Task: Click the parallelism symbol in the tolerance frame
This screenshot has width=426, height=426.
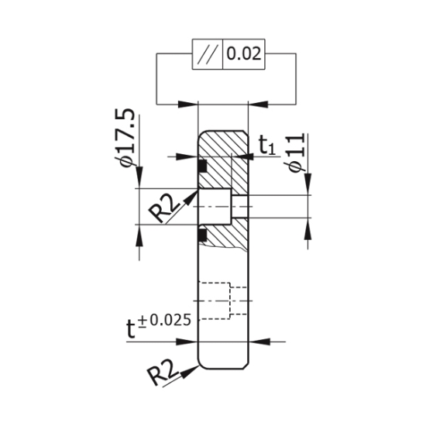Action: (x=208, y=54)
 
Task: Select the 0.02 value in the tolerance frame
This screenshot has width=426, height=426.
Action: (x=245, y=54)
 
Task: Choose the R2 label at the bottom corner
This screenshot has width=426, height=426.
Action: (x=165, y=377)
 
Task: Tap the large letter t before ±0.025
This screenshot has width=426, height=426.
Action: (x=133, y=328)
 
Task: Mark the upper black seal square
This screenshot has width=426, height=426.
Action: (x=203, y=166)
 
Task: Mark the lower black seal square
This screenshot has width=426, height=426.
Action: (x=203, y=232)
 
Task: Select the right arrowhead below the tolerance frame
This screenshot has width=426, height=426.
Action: (x=256, y=104)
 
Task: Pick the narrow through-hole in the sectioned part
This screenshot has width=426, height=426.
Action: (x=242, y=207)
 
